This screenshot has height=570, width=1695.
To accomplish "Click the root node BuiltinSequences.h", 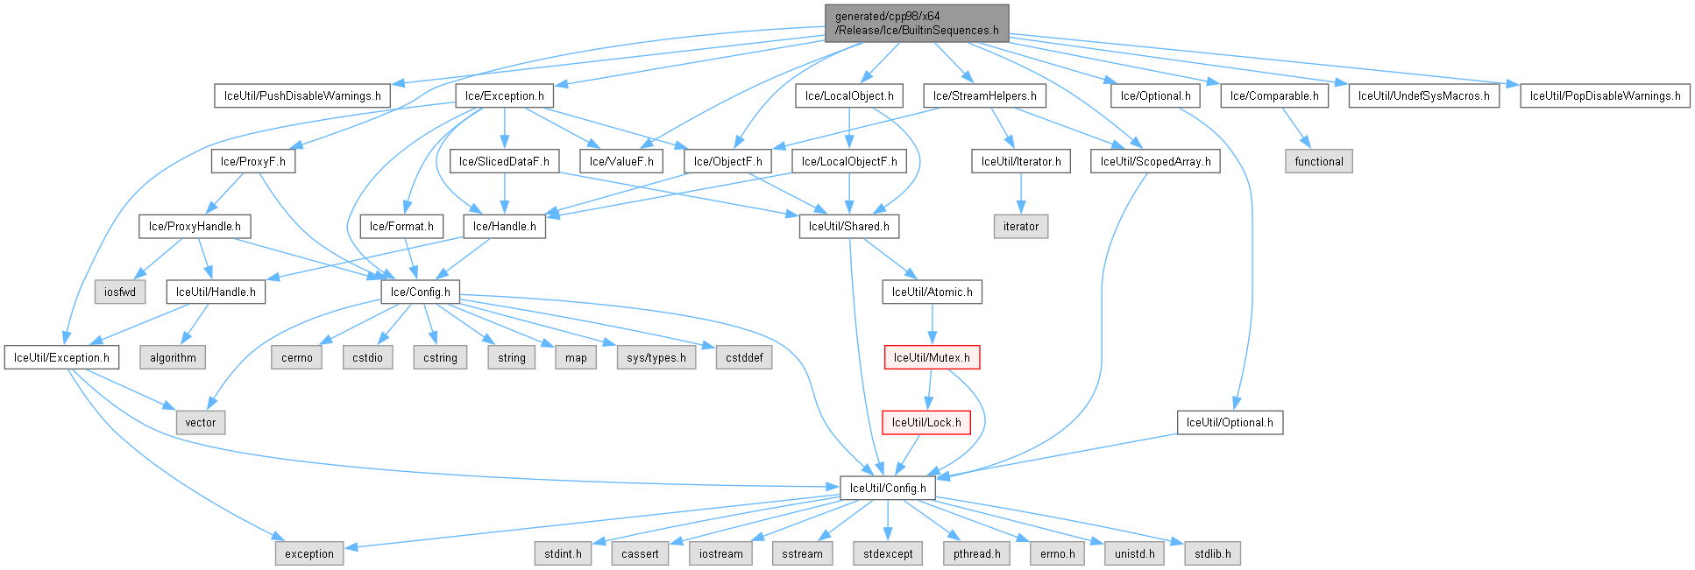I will click(x=917, y=23).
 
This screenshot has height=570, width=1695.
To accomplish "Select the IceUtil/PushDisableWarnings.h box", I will click(x=302, y=95).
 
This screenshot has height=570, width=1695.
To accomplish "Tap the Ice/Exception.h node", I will click(x=504, y=95).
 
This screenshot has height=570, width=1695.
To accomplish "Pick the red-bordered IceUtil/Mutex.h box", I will click(x=932, y=357).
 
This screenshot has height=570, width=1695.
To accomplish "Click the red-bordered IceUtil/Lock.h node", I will click(x=926, y=422).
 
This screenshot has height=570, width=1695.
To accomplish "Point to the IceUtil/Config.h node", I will click(x=888, y=488).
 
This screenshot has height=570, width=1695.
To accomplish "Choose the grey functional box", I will click(x=1318, y=161).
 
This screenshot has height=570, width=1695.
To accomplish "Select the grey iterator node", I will click(x=1020, y=226).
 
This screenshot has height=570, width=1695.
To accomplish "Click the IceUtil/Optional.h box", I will click(x=1230, y=422).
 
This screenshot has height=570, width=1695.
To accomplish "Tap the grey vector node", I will click(x=200, y=422).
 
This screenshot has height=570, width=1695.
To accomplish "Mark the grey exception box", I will click(x=309, y=553).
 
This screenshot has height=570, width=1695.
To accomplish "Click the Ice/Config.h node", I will click(x=420, y=292).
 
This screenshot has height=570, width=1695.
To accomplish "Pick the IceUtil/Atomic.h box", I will click(x=932, y=292).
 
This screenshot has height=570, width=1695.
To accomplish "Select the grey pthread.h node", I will click(x=976, y=553).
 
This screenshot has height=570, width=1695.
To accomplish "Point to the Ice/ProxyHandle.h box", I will click(x=195, y=226).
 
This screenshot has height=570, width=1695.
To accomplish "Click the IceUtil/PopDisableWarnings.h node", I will click(x=1605, y=95).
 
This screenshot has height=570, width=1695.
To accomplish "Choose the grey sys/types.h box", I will click(x=656, y=357).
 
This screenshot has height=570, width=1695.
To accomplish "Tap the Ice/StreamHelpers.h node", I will click(x=984, y=95).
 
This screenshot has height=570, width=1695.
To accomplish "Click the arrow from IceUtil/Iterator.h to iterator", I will click(x=1020, y=194).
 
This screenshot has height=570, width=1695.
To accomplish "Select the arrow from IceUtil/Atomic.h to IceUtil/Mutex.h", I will click(x=932, y=325).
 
